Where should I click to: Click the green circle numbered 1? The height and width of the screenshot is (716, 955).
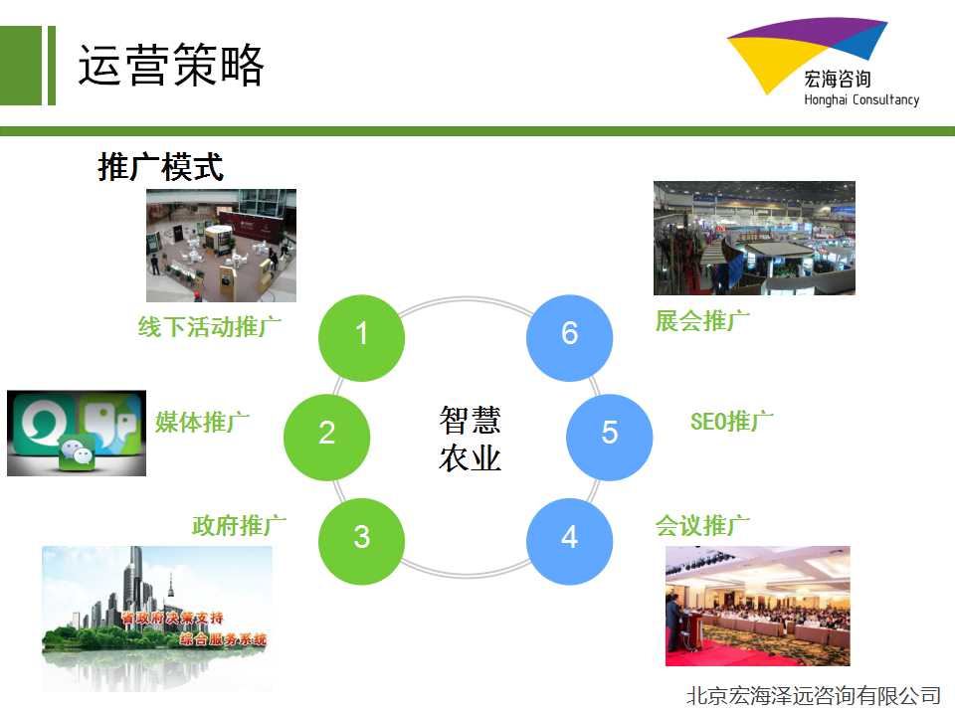[362, 338]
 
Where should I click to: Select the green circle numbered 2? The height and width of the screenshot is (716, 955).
[327, 438]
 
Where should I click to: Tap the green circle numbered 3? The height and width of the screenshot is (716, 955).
[362, 542]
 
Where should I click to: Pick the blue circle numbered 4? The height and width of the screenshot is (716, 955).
[569, 542]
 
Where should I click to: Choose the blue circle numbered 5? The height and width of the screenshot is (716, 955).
[610, 438]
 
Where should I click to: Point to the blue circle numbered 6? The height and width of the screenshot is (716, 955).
[569, 338]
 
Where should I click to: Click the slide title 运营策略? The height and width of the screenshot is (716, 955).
[171, 65]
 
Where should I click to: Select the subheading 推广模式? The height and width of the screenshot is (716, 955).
[161, 167]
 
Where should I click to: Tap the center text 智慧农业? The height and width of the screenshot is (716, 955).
[470, 439]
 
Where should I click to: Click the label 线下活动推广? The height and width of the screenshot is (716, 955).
[210, 327]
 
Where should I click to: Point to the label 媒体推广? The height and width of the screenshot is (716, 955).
[202, 422]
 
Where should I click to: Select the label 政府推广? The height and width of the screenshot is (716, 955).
[240, 525]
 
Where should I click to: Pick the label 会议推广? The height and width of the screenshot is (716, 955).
[703, 525]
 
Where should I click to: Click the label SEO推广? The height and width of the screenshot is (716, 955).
[732, 422]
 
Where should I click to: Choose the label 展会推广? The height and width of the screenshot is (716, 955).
[703, 321]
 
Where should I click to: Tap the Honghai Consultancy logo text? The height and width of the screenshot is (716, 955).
[861, 99]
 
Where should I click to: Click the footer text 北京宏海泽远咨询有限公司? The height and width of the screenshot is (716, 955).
[815, 695]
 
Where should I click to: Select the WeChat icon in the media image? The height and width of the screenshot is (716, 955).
[77, 453]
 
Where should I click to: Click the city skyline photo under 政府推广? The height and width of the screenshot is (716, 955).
[157, 618]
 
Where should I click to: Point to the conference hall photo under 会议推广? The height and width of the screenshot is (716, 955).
[758, 606]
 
